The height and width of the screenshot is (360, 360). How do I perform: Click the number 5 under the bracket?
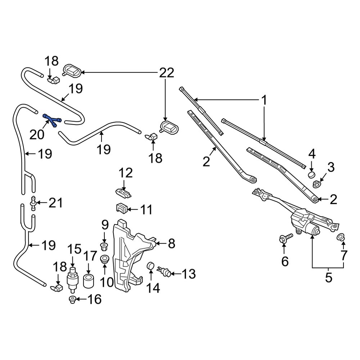[328, 278]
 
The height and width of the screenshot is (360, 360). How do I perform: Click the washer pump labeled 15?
[73, 279]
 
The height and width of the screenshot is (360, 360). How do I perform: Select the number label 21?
[56, 203]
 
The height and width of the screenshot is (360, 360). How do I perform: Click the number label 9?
[105, 226]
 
